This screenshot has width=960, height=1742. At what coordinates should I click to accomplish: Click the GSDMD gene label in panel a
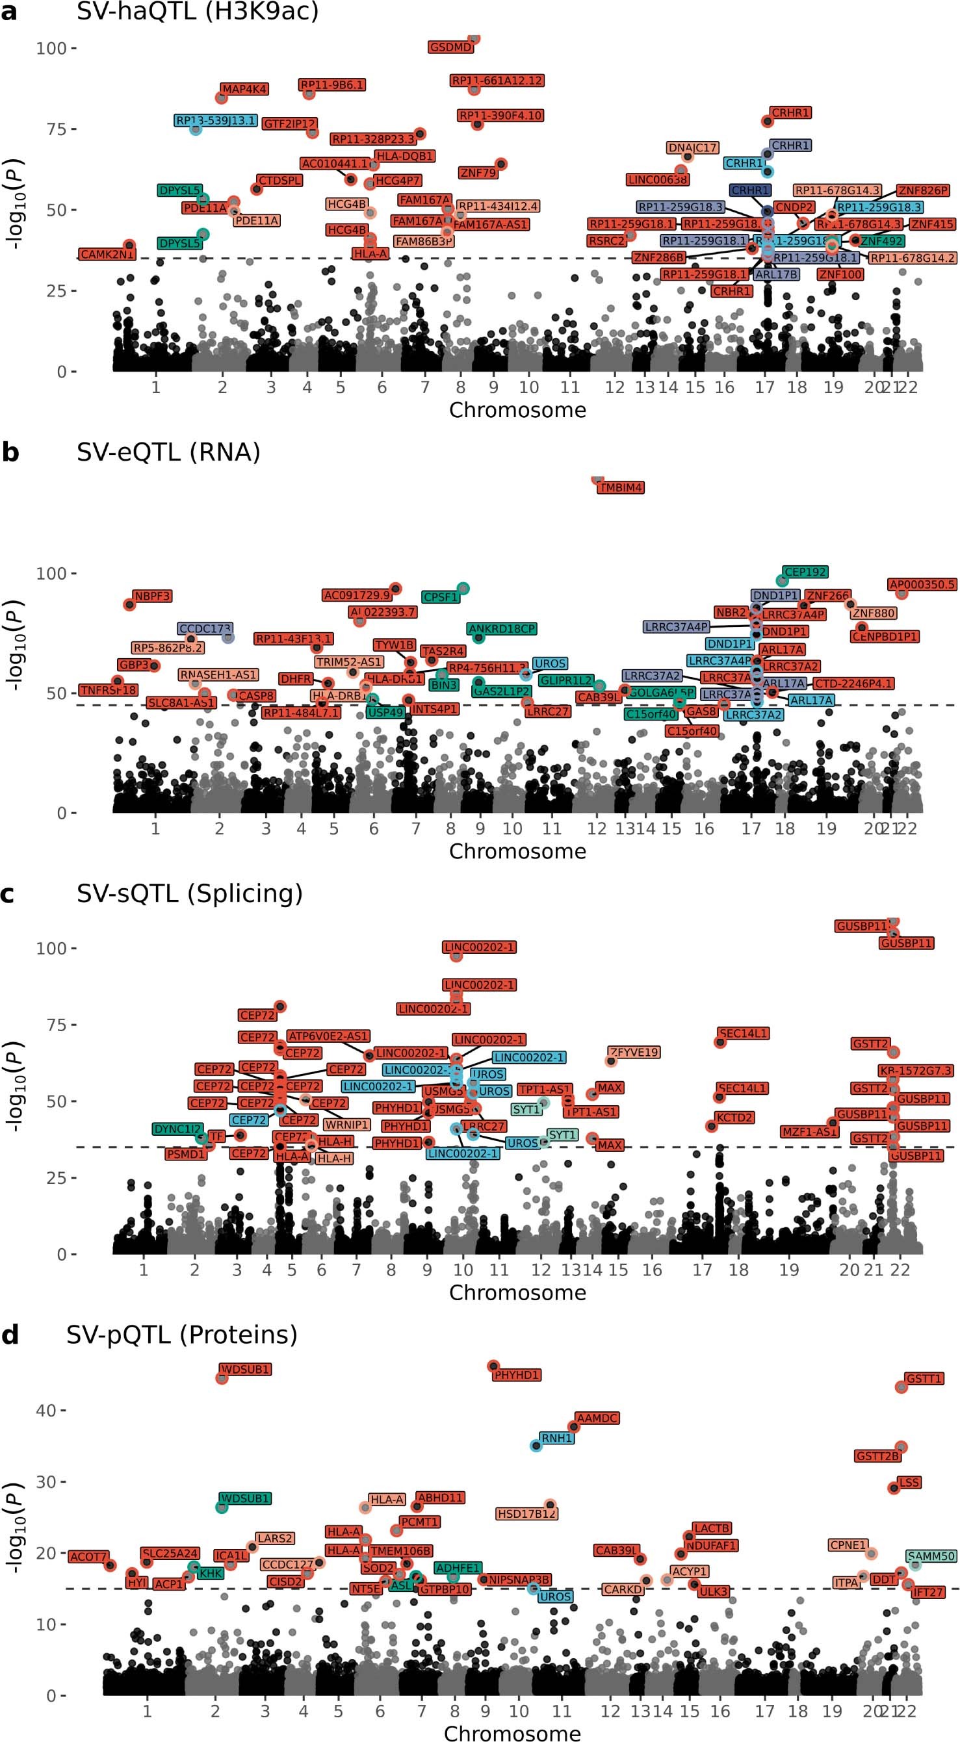pos(450,47)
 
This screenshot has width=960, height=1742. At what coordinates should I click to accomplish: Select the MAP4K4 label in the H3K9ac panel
pos(244,89)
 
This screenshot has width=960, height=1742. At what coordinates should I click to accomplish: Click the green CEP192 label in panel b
pos(805,572)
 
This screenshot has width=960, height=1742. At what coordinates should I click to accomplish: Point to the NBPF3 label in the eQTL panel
pos(152,596)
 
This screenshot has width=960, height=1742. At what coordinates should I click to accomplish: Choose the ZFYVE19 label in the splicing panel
pos(633,1052)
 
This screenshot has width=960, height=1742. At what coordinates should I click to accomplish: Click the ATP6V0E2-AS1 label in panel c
pos(328,1036)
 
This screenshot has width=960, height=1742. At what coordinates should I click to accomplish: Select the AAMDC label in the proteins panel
pos(597,1418)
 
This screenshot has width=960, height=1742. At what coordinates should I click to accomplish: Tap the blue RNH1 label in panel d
pos(556,1439)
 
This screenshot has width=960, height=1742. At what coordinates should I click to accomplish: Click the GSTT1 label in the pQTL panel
pos(924,1378)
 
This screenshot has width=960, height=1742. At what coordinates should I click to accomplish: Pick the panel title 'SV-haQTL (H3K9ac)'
pos(197,12)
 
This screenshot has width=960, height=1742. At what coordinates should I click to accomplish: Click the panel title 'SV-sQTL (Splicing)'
pos(189,893)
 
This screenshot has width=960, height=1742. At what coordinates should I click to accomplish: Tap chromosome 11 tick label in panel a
pos(569,387)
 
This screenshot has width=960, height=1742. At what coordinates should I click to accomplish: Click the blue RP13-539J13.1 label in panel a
pos(216,121)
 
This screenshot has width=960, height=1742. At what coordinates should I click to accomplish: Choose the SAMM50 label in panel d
pos(931,1556)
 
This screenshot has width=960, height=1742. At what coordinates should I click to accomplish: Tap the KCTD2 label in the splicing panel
pos(734,1118)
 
